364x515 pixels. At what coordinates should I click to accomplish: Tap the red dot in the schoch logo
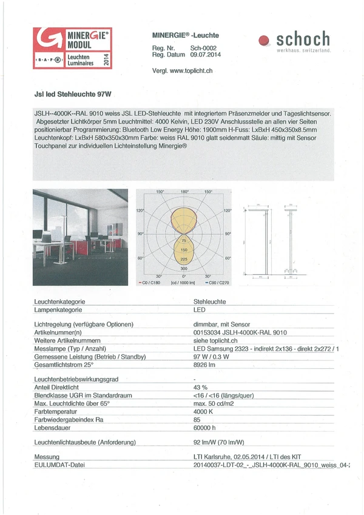(264, 41)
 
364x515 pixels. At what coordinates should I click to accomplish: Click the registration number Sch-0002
(203, 48)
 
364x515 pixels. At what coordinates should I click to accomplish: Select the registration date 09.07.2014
(206, 55)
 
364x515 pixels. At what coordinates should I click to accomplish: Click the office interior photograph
(80, 237)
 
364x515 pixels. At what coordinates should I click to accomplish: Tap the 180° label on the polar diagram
(184, 192)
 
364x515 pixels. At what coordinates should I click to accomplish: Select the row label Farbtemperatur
(58, 411)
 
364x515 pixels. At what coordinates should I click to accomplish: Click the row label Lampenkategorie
(58, 309)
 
